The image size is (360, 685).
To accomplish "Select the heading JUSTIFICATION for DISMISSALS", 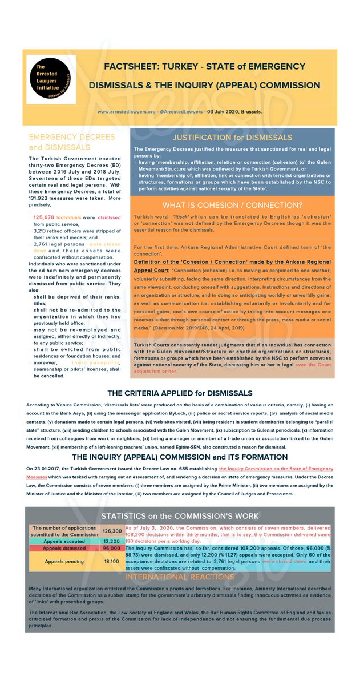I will [x=232, y=138].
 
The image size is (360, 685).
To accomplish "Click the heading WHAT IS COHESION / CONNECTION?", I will [x=232, y=205].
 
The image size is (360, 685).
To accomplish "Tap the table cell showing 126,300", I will [x=111, y=531].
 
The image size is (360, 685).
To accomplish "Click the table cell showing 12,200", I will [x=111, y=541].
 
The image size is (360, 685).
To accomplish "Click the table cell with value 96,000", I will [x=111, y=549].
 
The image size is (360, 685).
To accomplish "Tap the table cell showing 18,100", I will [x=111, y=562].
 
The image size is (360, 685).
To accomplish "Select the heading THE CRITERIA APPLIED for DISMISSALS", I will [x=180, y=394].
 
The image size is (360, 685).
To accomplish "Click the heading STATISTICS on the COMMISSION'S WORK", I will [x=180, y=517].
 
